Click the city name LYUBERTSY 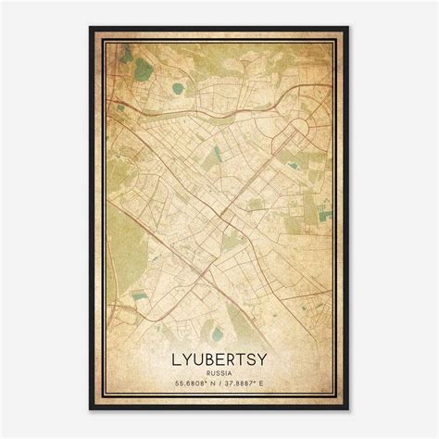click(x=219, y=355)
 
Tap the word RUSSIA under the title click(x=219, y=369)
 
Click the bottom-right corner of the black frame click(x=348, y=409)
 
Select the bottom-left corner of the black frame click(x=91, y=409)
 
